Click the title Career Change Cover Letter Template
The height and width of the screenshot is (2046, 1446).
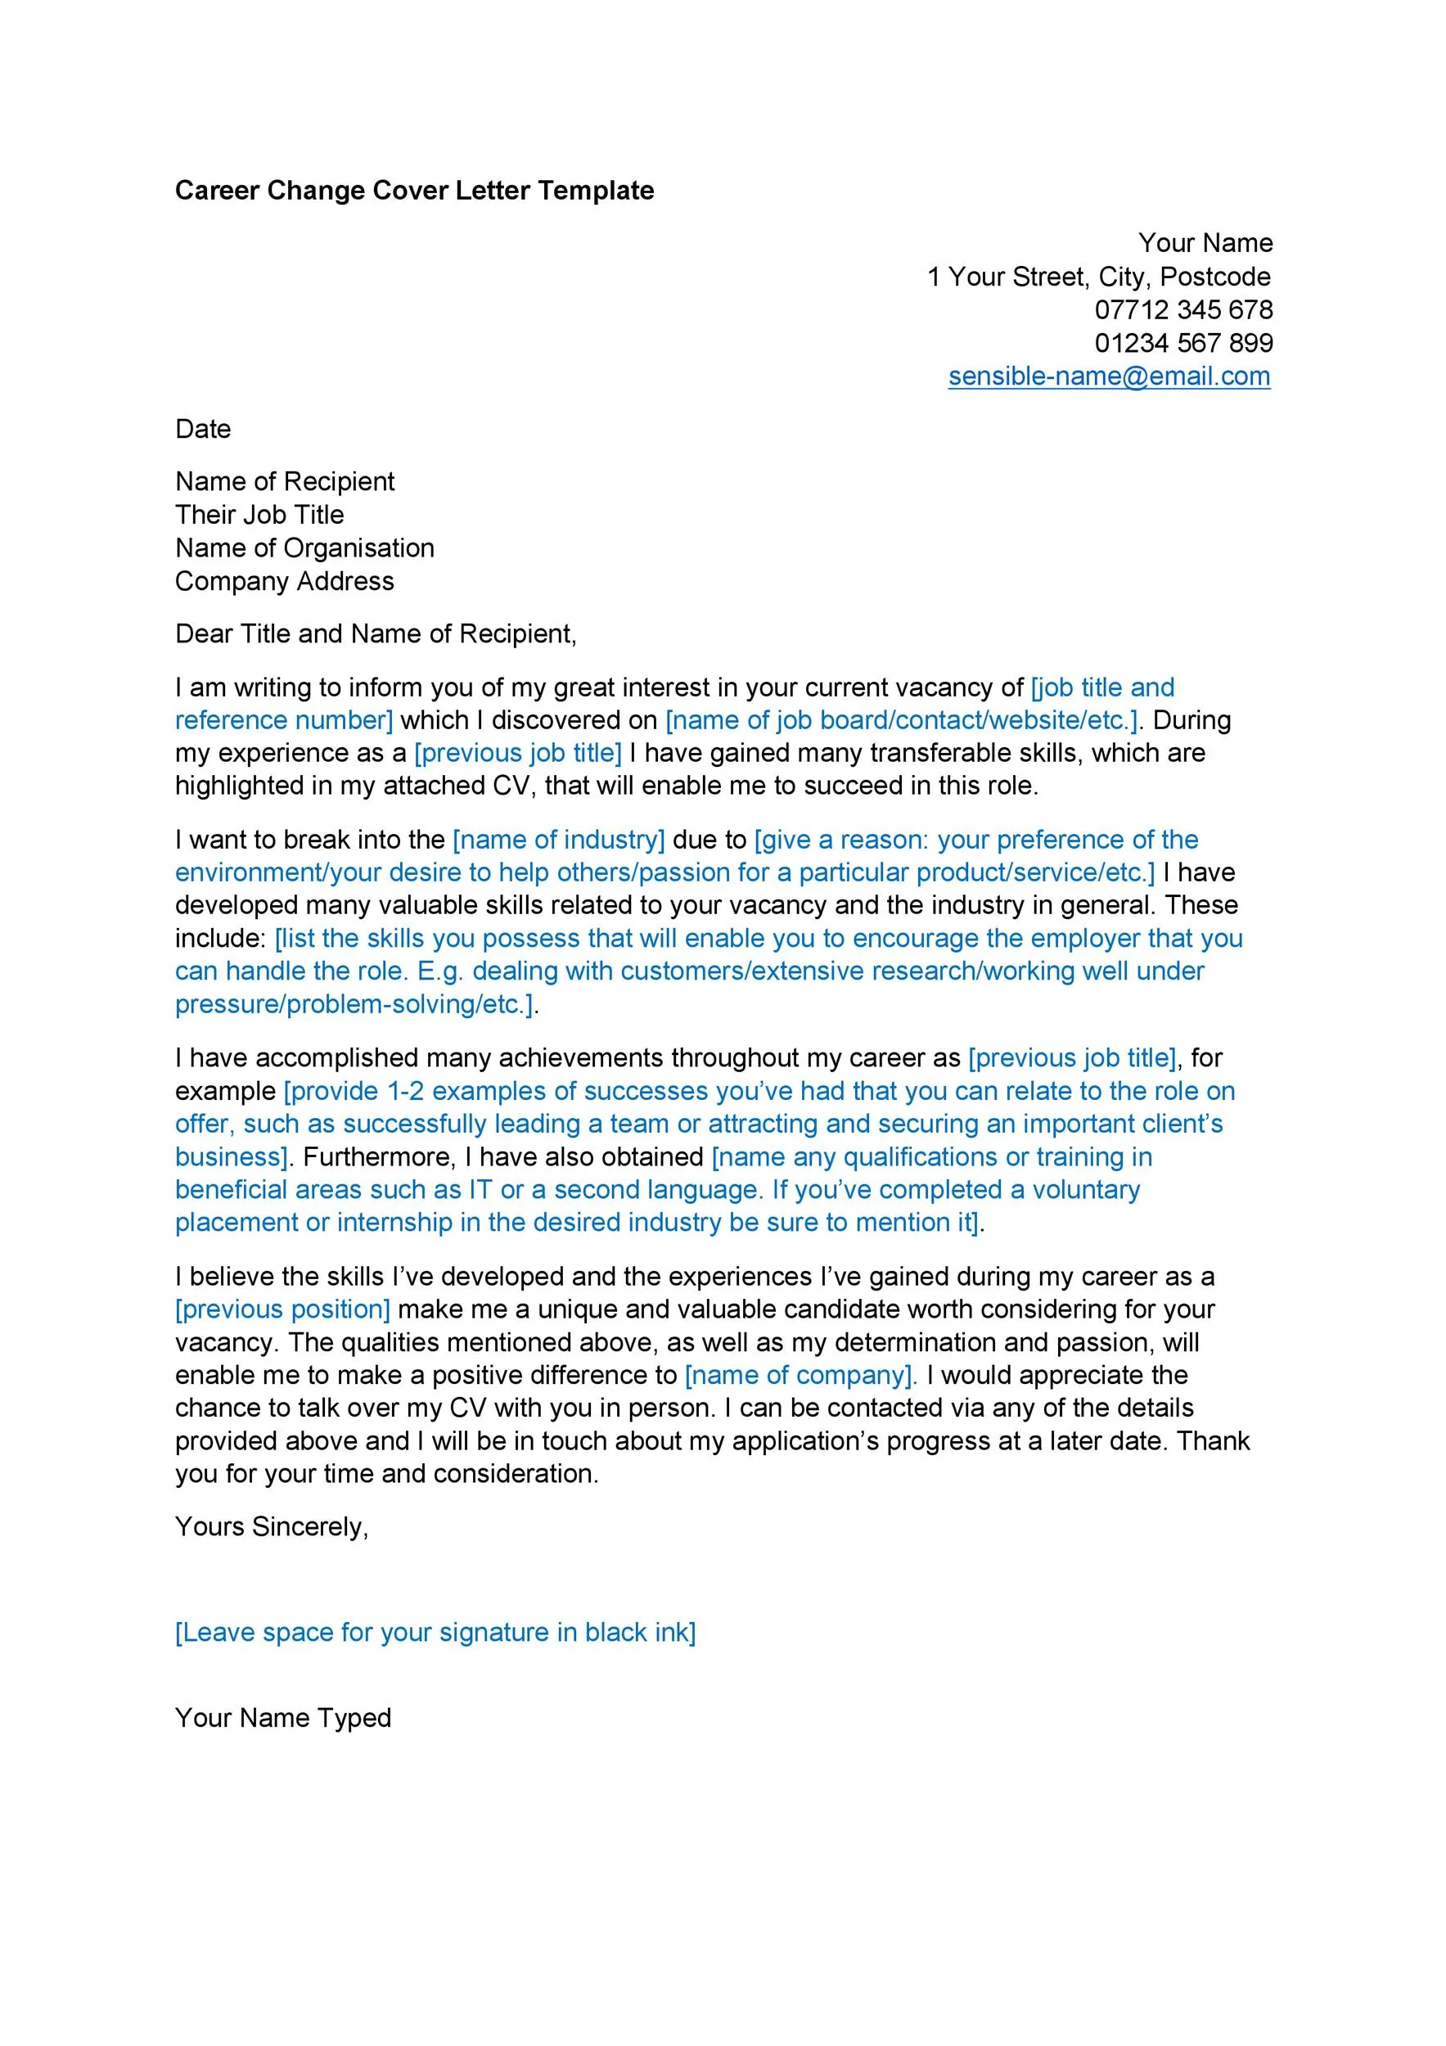coord(414,190)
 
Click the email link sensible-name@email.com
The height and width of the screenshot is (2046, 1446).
coord(1108,376)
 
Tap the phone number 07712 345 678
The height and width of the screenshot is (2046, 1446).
coord(1183,309)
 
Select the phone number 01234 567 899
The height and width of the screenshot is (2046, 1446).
coord(1183,343)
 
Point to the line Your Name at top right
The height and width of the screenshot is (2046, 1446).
coord(1205,242)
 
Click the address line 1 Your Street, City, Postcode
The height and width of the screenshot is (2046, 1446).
coord(1098,277)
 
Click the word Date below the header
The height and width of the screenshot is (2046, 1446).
coord(203,429)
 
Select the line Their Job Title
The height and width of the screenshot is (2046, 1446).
coord(259,514)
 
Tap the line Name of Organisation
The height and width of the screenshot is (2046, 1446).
coord(304,548)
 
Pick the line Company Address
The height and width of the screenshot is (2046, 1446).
coord(284,581)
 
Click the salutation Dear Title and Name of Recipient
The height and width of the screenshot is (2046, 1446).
coord(376,633)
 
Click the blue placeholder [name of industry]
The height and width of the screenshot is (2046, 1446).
coord(559,840)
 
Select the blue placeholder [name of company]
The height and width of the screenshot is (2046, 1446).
coord(800,1375)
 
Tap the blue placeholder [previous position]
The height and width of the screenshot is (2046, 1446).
coord(282,1309)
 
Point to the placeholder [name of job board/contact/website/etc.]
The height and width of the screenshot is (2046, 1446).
coord(902,720)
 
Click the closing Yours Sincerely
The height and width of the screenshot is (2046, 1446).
coord(271,1526)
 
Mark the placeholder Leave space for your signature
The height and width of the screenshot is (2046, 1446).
coord(435,1632)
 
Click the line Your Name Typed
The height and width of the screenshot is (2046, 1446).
coord(282,1717)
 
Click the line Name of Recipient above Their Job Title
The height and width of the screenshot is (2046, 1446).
coord(284,481)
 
